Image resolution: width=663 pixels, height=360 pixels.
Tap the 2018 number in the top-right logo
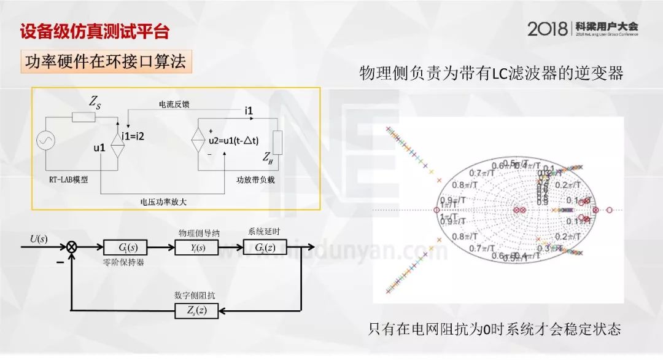pyautogui.click(x=548, y=28)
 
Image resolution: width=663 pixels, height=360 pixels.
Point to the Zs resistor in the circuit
pyautogui.click(x=83, y=117)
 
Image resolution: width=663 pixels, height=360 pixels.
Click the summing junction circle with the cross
pyautogui.click(x=72, y=247)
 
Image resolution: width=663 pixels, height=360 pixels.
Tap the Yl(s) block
pyautogui.click(x=192, y=248)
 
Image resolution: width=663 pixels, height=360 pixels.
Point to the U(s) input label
pyautogui.click(x=39, y=238)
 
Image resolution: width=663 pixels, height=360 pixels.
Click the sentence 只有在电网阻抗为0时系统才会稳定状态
pyautogui.click(x=494, y=329)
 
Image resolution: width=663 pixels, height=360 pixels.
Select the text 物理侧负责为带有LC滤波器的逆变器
pyautogui.click(x=491, y=74)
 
